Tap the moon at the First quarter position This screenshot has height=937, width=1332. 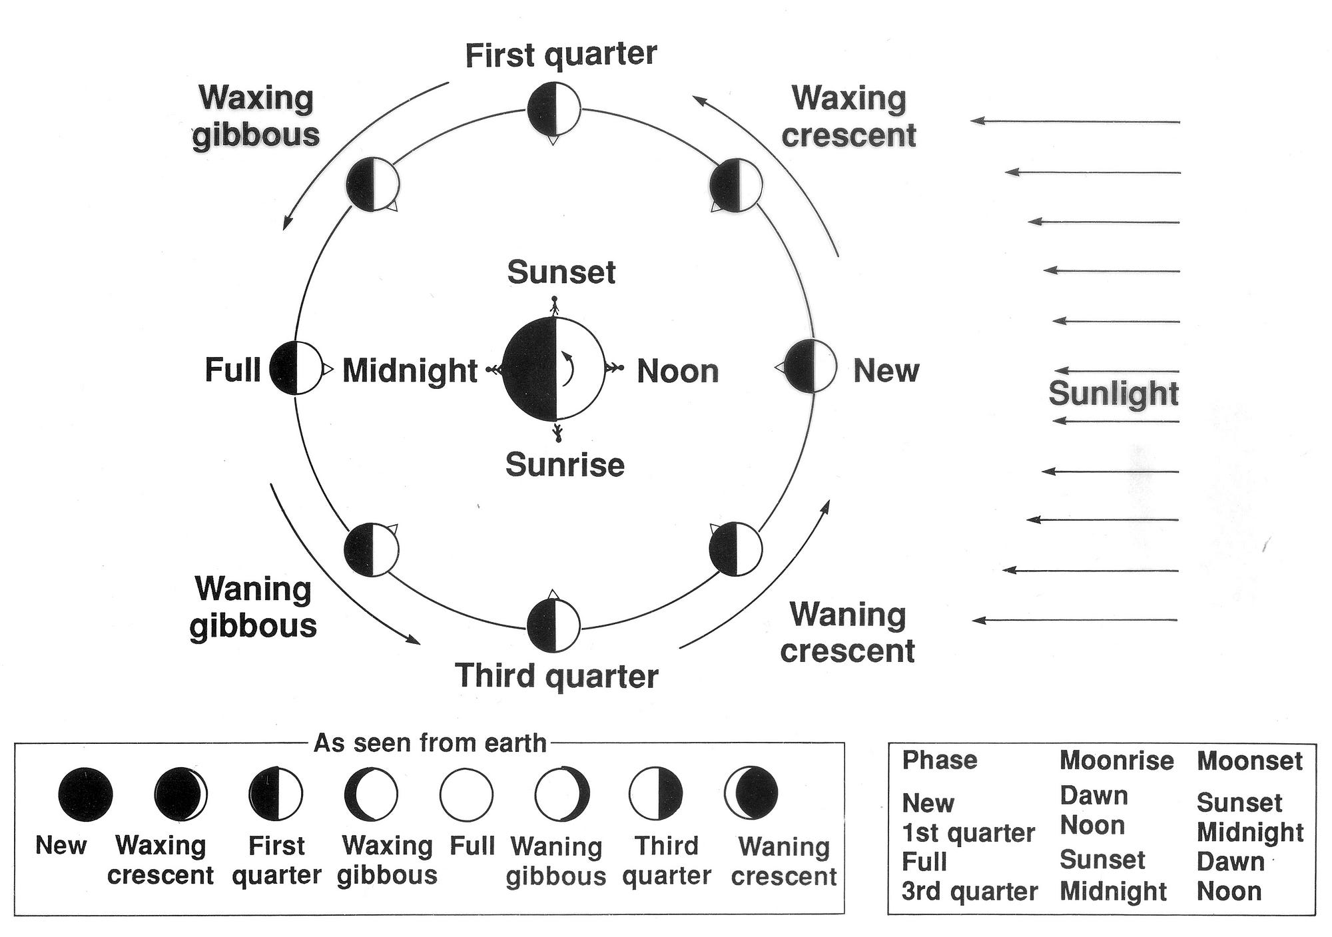(x=553, y=109)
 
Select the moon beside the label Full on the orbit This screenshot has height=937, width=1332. (x=296, y=368)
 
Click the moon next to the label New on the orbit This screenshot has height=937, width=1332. (x=810, y=366)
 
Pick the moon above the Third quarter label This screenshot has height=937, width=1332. (x=553, y=625)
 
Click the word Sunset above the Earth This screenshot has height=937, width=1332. (x=561, y=272)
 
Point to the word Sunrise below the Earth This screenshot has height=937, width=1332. (x=565, y=465)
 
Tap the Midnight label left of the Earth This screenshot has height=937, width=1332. (x=410, y=371)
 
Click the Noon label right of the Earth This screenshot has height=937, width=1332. (x=678, y=371)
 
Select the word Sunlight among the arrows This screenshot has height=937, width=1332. (x=1114, y=393)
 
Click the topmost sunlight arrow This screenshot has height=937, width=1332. (x=1075, y=121)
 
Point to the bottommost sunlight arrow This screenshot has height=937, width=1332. (x=1075, y=620)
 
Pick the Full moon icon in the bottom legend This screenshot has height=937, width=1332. (x=466, y=794)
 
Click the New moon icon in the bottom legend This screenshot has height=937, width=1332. (x=85, y=794)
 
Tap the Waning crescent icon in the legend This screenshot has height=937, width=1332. (x=751, y=792)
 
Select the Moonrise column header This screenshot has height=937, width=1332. (x=1117, y=761)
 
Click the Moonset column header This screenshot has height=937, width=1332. (x=1249, y=761)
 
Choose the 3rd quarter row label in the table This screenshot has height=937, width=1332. (x=970, y=891)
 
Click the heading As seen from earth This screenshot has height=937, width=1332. (x=430, y=743)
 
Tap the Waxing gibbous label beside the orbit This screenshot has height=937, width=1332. (x=256, y=117)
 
